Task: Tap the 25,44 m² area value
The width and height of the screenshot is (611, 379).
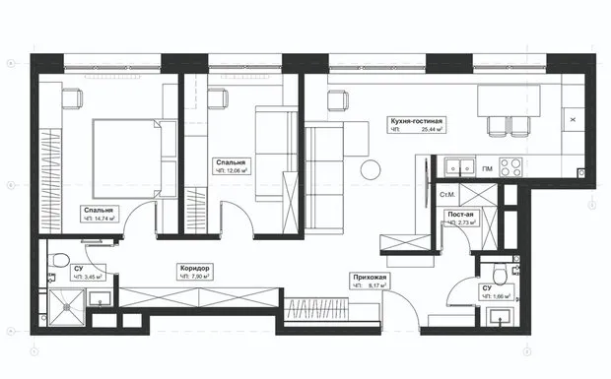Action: coord(432,130)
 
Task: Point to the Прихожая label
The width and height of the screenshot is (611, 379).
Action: coord(370,279)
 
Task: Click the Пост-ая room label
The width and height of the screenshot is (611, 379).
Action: coord(461,214)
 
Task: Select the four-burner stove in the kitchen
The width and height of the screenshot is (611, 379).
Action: coord(510,165)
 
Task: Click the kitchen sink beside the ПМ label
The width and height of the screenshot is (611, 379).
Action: coord(455,166)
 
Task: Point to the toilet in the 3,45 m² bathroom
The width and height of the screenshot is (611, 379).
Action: coord(58,263)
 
